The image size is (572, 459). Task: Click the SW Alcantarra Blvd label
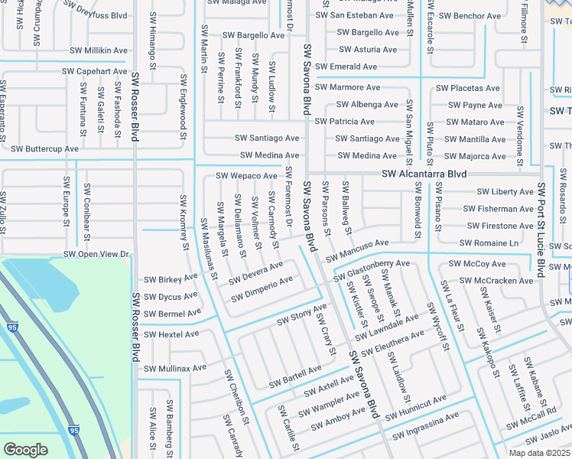coord(424,174)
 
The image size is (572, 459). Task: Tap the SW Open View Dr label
coord(96,254)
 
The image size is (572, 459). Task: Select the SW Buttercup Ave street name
coord(45,148)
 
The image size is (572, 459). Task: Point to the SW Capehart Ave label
coord(95,71)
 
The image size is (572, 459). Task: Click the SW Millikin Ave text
coord(95,50)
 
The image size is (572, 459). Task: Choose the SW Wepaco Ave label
coord(247,176)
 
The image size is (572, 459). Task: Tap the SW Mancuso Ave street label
coord(357,247)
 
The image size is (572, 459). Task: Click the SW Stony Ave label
coord(301,314)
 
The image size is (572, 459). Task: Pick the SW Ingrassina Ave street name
coord(426,427)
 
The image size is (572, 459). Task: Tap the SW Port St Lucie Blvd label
coord(541,229)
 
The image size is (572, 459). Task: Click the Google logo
coord(25,449)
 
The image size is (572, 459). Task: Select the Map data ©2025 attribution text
coord(539,453)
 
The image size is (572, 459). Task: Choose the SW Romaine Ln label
coord(489,243)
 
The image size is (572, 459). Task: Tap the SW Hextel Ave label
coord(172,334)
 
